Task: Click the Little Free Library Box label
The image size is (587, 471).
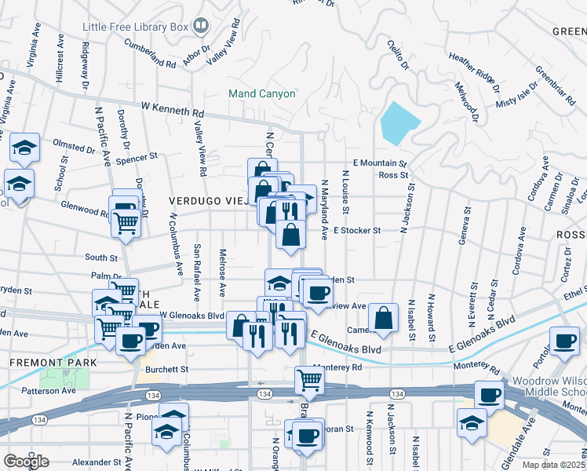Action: [137, 27]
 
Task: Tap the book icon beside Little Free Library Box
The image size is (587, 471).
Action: [201, 27]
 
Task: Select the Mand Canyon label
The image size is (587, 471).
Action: [262, 94]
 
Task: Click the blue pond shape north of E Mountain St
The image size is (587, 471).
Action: [399, 122]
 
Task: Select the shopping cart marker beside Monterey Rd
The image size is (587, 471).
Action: [309, 381]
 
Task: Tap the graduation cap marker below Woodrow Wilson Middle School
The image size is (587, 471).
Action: [472, 421]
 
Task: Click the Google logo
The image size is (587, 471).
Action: [27, 461]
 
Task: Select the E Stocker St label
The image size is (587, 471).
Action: [356, 231]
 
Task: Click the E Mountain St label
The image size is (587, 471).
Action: [380, 163]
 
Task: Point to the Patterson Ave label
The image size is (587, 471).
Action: [49, 390]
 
